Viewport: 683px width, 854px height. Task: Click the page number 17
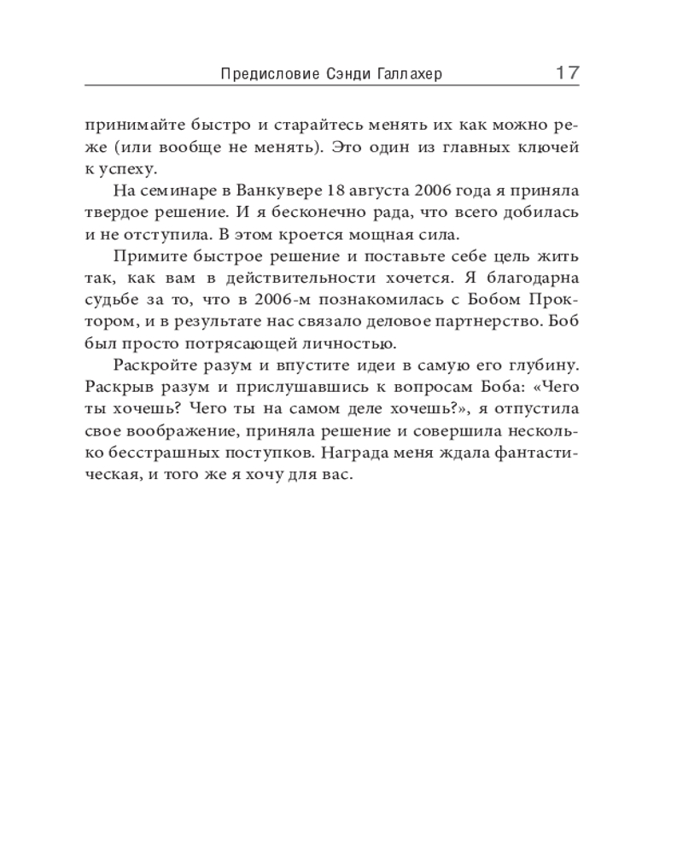567,73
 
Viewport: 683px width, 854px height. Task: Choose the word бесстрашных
166,455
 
